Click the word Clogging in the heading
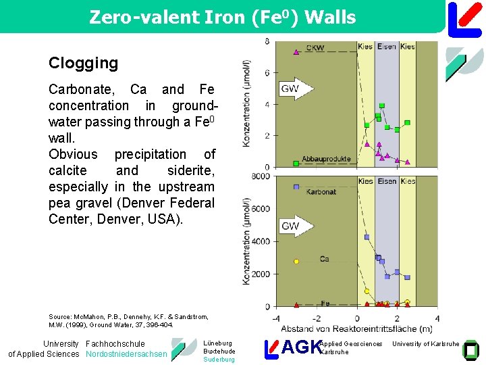click(x=83, y=64)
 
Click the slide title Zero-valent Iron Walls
click(x=222, y=18)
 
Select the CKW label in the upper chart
click(x=314, y=47)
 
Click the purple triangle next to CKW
click(x=296, y=51)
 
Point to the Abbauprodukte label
click(x=326, y=159)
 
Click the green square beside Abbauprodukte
click(x=296, y=164)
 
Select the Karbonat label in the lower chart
click(x=321, y=192)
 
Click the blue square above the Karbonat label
click(x=296, y=187)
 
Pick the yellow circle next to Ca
click(x=296, y=261)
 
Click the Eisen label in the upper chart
click(x=387, y=47)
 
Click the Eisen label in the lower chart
click(x=387, y=181)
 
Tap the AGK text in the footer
click(x=300, y=347)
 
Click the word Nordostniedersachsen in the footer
click(x=126, y=354)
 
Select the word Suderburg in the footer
click(x=219, y=360)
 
